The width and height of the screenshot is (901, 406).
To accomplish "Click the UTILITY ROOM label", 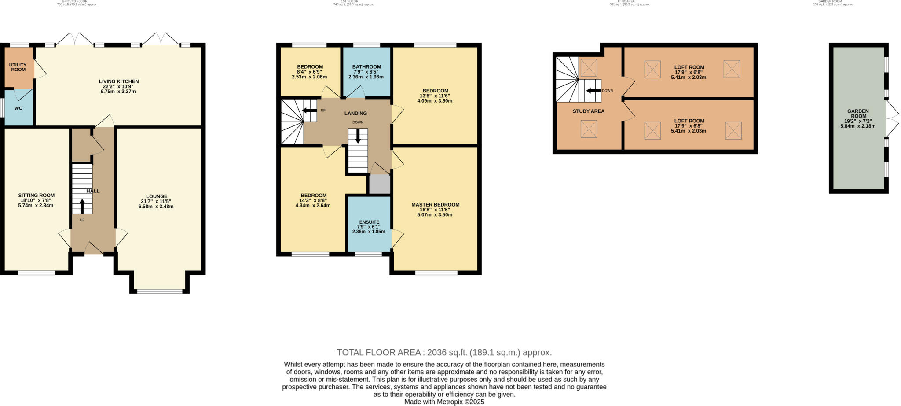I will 18,67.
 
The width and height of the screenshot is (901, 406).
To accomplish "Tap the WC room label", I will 18,108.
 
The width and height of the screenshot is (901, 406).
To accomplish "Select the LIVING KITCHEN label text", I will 119,81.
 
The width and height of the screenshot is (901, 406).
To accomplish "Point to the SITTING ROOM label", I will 36,196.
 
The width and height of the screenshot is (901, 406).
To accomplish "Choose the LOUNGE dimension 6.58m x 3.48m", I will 156,207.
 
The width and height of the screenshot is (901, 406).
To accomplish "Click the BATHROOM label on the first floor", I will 366,67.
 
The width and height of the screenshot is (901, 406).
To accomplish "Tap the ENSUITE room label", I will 369,222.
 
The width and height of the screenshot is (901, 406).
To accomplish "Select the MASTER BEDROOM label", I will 435,205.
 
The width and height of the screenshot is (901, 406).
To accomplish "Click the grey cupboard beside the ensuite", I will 379,185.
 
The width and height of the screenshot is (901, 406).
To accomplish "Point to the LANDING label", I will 355,114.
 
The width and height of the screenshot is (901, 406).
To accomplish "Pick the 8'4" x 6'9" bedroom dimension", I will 310,72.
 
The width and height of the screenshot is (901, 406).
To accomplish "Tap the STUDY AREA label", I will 588,111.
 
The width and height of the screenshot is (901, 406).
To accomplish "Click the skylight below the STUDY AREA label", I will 589,129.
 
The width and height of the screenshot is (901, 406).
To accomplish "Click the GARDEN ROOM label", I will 858,114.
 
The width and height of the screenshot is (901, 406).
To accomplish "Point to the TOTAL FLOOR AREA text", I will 444,353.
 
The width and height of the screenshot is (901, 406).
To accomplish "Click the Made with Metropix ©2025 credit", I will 444,402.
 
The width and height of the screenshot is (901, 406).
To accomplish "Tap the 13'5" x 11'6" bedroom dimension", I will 435,96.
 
